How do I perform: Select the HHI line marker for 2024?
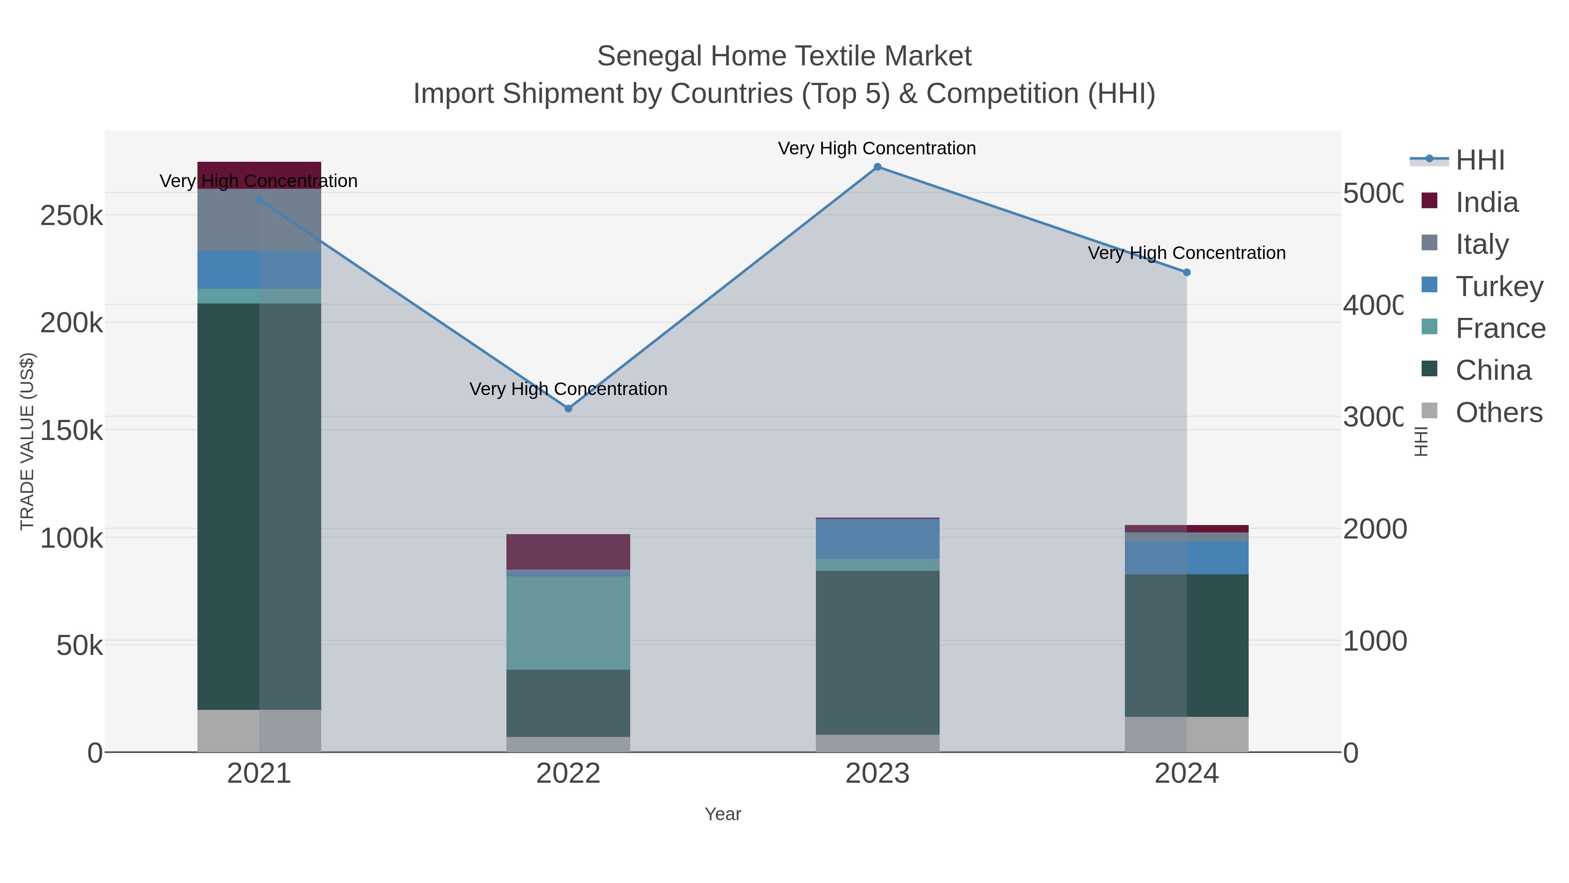[1186, 273]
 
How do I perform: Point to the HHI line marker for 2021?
[259, 200]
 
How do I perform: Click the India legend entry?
[1486, 202]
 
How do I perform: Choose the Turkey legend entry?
[1498, 286]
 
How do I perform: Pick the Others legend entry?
[1498, 413]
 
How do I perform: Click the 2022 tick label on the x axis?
[568, 774]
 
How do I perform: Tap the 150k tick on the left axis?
[71, 431]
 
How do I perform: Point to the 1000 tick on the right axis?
[1375, 641]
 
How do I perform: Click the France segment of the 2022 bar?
[568, 623]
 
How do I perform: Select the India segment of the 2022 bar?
[568, 552]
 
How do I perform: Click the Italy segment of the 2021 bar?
[259, 221]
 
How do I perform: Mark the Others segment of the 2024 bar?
[1186, 734]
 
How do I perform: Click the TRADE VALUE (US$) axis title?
[27, 441]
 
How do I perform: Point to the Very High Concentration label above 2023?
[877, 149]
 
